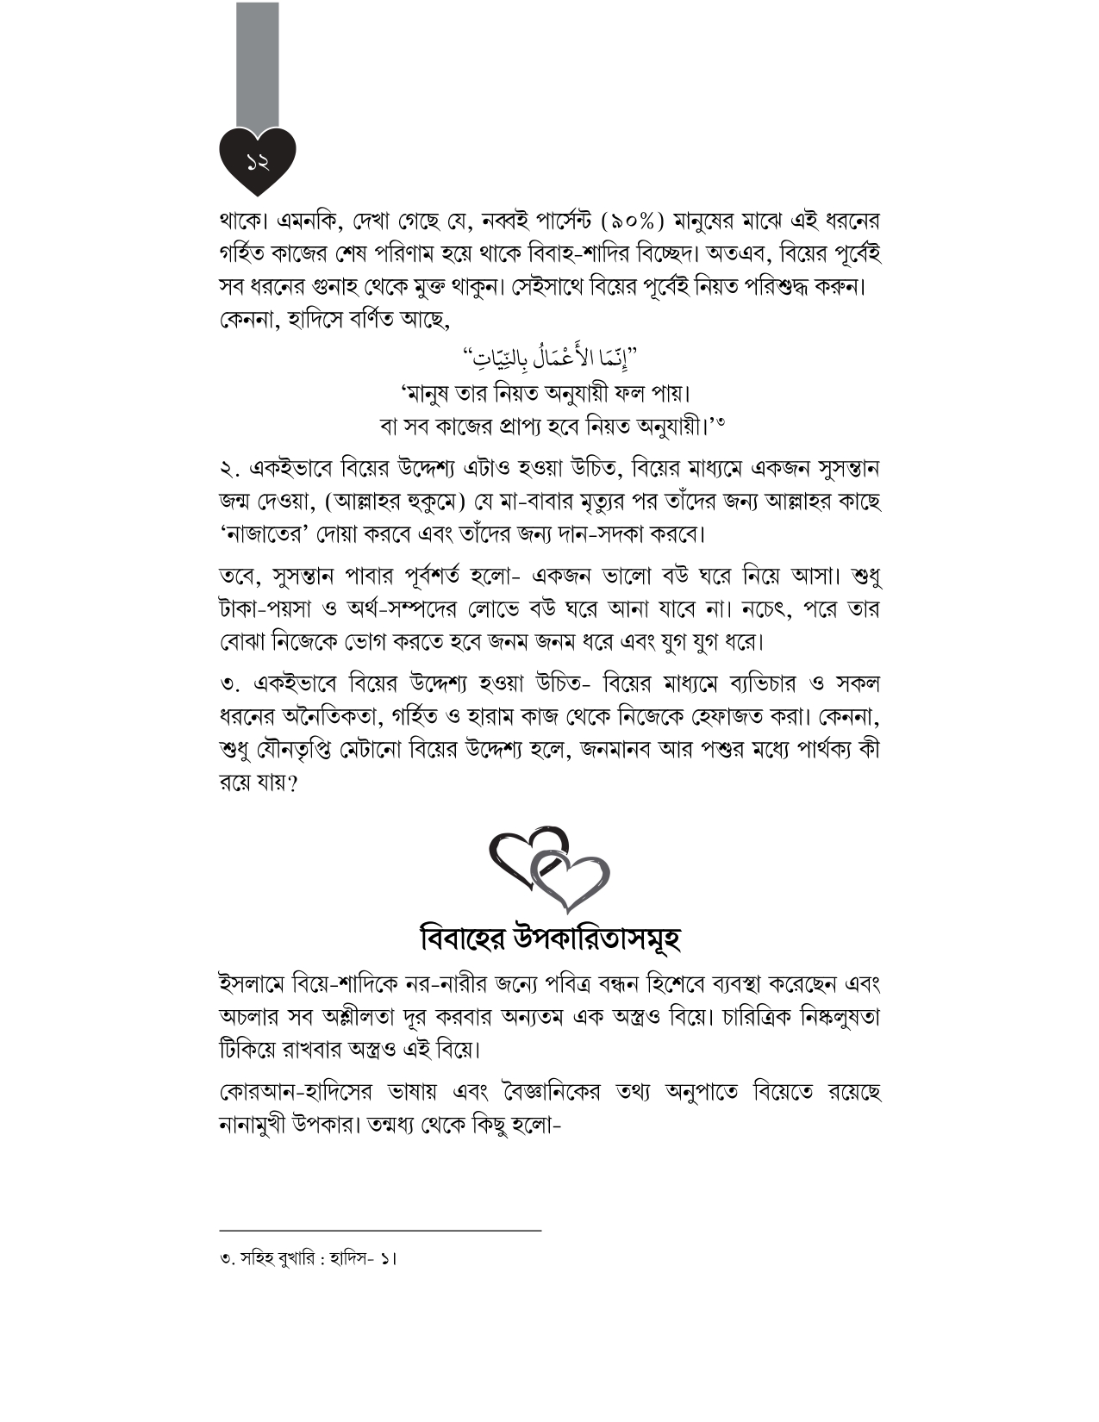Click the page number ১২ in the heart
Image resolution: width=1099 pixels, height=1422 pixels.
coord(258,160)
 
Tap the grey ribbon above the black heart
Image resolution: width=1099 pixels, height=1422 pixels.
coord(258,65)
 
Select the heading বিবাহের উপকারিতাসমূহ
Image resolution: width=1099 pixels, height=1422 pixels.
coord(550,938)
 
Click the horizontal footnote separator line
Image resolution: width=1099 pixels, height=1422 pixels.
coord(380,1231)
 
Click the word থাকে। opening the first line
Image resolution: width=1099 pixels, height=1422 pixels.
coord(245,221)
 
